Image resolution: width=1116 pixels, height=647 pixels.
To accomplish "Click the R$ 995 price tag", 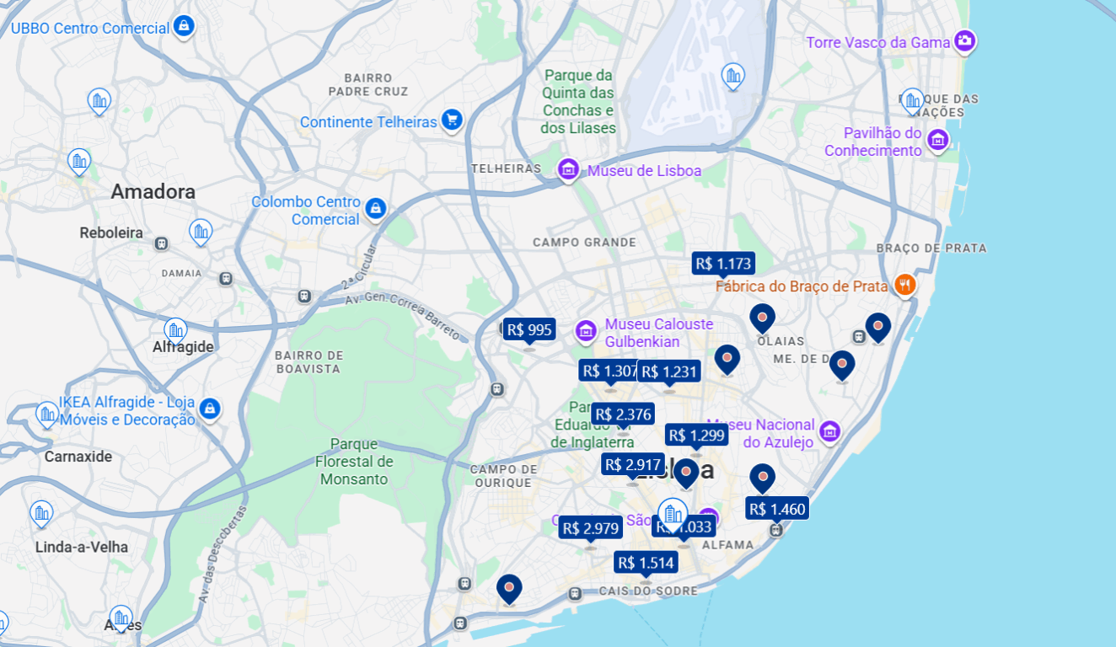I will point(529,329).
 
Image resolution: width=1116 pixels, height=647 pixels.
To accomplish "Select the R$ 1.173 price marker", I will point(723,263).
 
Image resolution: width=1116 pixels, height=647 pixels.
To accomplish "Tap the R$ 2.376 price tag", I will point(623,414).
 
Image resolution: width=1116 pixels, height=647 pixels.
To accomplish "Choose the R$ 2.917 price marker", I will point(633,464).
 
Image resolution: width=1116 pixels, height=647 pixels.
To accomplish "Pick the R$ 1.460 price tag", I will point(777,508).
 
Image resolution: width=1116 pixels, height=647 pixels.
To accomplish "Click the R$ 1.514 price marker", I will point(646,563).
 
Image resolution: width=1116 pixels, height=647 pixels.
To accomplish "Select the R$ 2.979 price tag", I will point(590,528).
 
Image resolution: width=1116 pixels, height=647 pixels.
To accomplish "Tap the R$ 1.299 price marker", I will point(696,435).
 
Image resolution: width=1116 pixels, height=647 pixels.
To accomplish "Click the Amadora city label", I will point(153,191).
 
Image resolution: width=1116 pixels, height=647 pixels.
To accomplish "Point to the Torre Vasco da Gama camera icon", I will point(965,40).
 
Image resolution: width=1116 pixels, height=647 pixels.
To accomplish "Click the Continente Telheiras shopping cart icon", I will point(453,120).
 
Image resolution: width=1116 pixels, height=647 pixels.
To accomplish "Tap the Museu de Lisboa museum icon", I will point(569,170).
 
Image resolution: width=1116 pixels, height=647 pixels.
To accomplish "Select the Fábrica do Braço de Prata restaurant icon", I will point(904,285).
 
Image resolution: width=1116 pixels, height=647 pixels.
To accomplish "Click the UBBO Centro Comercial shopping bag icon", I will point(184,26).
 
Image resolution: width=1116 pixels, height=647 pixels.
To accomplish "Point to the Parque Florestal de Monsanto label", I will point(354,462).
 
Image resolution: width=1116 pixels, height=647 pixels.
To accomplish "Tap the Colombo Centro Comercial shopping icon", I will point(376,207).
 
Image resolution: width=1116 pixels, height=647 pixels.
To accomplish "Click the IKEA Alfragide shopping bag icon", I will point(210,409).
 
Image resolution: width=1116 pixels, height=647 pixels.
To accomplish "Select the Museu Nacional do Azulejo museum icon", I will point(830,432).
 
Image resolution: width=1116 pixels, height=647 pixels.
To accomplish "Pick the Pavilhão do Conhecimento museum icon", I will point(937,141).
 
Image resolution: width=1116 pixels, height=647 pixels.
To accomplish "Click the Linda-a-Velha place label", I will point(82,547).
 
